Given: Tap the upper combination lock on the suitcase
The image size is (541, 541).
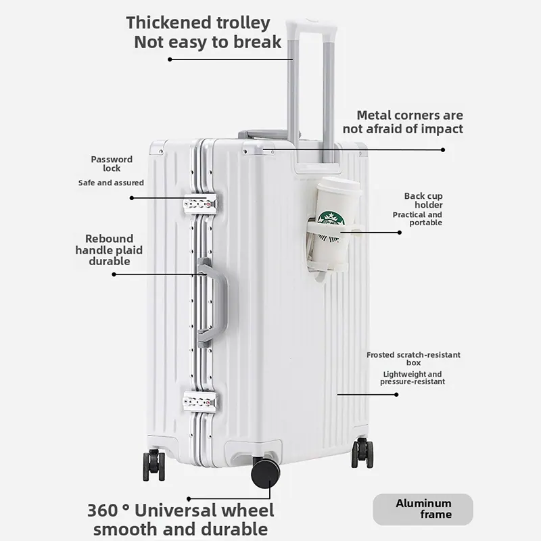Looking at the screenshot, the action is tap(200, 203).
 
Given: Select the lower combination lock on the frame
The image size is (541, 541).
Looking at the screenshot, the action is tap(200, 401).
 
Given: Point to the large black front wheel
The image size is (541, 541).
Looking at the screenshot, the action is tap(265, 473).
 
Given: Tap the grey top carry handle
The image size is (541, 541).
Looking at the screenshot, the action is tap(263, 134).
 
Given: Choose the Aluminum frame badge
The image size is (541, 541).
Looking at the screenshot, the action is tap(423, 509).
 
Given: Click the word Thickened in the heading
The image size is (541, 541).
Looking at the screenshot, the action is tap(169, 23).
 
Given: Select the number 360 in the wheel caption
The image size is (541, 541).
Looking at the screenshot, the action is tap(103, 511).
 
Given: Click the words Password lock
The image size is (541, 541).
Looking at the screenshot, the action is tap(112, 164).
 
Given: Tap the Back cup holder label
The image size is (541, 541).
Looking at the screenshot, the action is tap(423, 200).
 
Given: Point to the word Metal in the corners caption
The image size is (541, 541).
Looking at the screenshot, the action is tap(374, 115).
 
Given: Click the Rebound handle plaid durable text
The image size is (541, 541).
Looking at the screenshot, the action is tap(109, 250).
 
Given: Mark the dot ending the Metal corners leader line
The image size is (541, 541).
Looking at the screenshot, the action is tap(443, 149).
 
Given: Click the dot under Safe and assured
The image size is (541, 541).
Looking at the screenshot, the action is tap(131, 198).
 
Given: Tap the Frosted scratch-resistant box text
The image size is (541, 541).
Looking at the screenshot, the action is tap(413, 358).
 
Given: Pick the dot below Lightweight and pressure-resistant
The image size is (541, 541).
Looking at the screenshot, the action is tap(396, 394).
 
